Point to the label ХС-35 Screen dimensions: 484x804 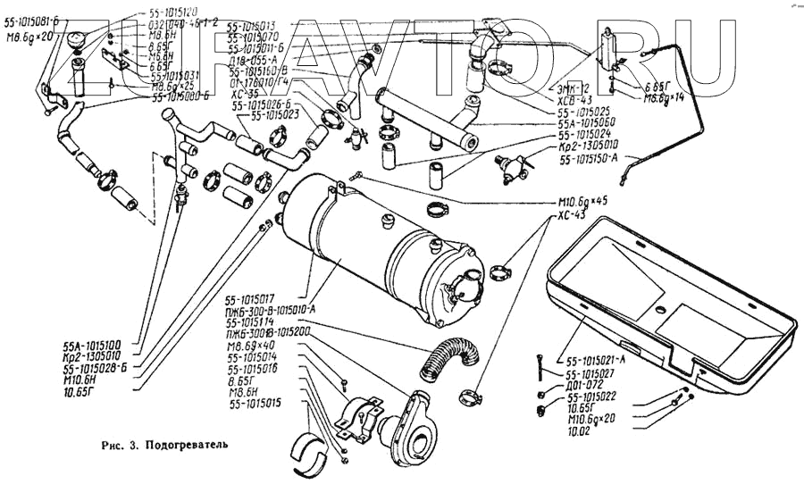pyautogui.click(x=242, y=93)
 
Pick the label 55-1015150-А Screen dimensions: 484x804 pyautogui.click(x=599, y=159)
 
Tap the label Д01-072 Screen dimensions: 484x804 pyautogui.click(x=584, y=386)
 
